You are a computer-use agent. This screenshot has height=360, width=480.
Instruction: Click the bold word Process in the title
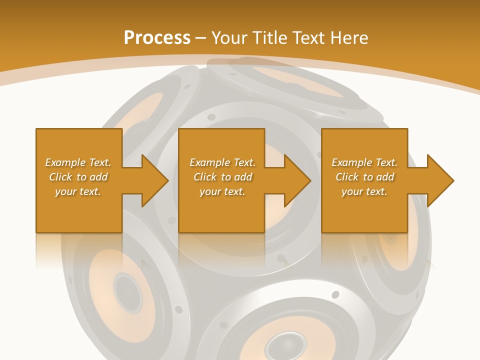157,38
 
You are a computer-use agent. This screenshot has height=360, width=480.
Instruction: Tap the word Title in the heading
268,38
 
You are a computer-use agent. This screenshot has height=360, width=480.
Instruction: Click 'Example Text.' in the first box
78,162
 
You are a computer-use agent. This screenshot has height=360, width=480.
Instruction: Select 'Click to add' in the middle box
222,177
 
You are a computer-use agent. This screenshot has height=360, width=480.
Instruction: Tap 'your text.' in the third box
364,191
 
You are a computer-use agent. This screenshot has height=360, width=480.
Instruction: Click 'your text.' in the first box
78,191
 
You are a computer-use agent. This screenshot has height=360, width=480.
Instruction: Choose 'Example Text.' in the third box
364,162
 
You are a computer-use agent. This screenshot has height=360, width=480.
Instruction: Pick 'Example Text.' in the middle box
222,162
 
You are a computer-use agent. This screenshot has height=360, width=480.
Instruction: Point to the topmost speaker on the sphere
290,82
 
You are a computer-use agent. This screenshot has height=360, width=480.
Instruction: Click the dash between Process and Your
200,38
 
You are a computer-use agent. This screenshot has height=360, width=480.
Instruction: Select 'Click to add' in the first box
78,177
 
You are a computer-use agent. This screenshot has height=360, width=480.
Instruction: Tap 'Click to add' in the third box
364,177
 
